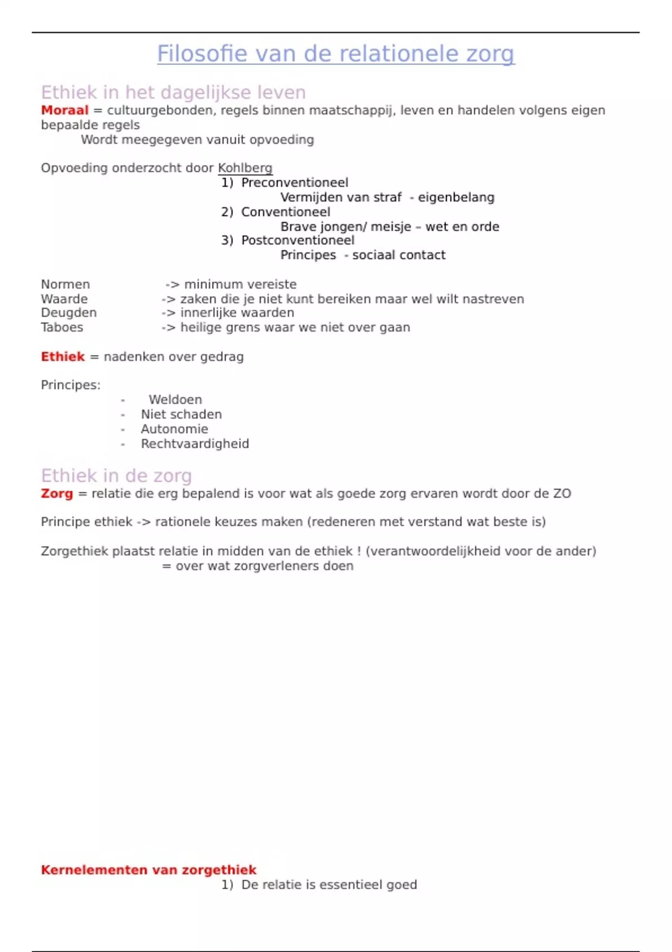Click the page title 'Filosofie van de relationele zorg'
click(335, 54)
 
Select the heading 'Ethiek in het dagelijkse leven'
click(173, 92)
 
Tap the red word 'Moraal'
click(64, 110)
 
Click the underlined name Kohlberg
click(245, 168)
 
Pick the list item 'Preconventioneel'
click(295, 183)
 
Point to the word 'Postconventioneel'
click(297, 240)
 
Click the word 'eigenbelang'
click(456, 197)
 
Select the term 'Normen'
click(65, 284)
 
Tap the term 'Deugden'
click(68, 312)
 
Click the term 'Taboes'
click(62, 327)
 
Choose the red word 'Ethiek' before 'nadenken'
click(63, 357)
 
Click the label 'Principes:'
click(71, 385)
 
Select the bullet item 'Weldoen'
click(175, 400)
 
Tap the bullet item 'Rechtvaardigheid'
click(195, 444)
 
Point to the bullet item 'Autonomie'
click(174, 429)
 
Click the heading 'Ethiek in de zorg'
click(116, 475)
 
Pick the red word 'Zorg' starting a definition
click(57, 493)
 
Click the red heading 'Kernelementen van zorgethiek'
click(148, 870)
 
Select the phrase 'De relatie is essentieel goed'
click(329, 885)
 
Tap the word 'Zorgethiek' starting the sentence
click(74, 551)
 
